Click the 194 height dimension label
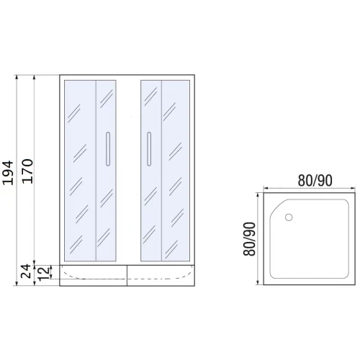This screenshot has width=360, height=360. [8, 173]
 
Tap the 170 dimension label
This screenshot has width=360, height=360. [27, 171]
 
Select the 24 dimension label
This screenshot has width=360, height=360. [26, 271]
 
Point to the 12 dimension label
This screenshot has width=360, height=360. [43, 274]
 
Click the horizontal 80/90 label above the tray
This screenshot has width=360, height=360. [315, 181]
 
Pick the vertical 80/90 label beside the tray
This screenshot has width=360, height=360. [249, 239]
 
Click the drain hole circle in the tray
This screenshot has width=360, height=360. [289, 217]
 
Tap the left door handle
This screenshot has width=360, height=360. [108, 149]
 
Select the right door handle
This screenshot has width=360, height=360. [149, 149]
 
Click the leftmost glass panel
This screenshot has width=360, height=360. [81, 171]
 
